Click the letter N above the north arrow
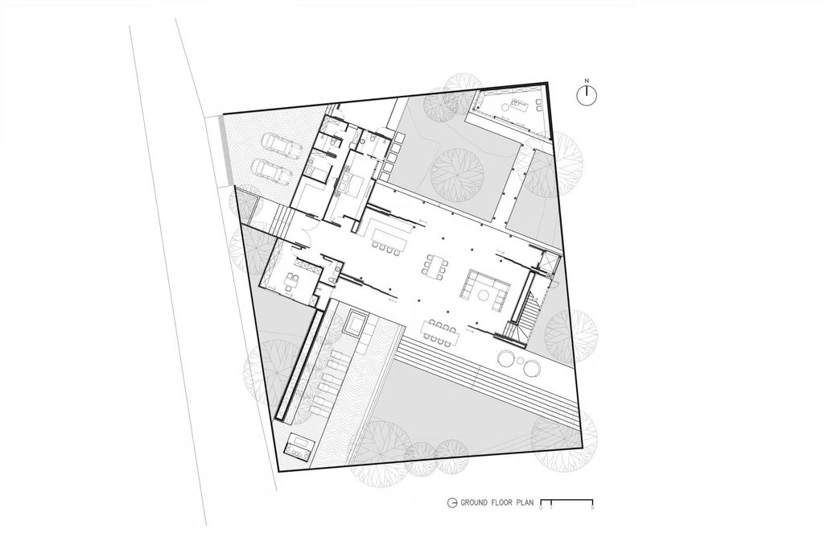587,81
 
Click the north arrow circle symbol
587,95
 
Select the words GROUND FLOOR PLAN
496,502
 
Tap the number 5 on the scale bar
593,508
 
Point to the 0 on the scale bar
542,508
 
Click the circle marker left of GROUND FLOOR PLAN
451,502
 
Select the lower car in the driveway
272,172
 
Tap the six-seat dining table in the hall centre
434,266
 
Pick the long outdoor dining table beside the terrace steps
439,333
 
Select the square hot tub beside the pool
355,322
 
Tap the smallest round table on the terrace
520,361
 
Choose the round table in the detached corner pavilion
505,107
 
